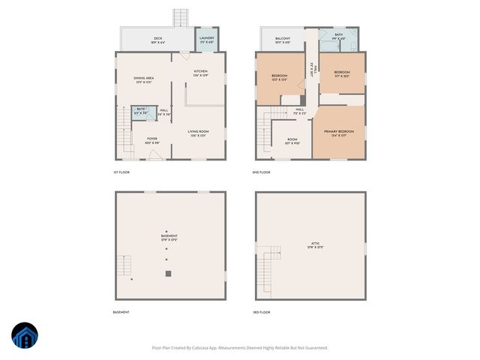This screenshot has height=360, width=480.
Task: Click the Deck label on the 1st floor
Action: click(x=158, y=38)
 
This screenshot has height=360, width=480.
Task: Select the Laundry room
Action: click(x=208, y=40)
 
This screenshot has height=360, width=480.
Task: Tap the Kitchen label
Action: click(x=200, y=72)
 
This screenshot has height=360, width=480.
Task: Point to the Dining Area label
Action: click(x=144, y=79)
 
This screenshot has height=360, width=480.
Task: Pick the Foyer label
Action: click(x=152, y=139)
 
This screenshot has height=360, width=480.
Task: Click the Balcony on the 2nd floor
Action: click(x=282, y=38)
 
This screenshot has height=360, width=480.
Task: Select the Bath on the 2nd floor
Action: click(x=339, y=36)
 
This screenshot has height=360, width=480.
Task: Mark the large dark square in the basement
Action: click(x=168, y=274)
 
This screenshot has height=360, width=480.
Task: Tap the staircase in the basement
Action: click(x=124, y=266)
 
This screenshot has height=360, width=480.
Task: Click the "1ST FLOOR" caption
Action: click(x=121, y=172)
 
